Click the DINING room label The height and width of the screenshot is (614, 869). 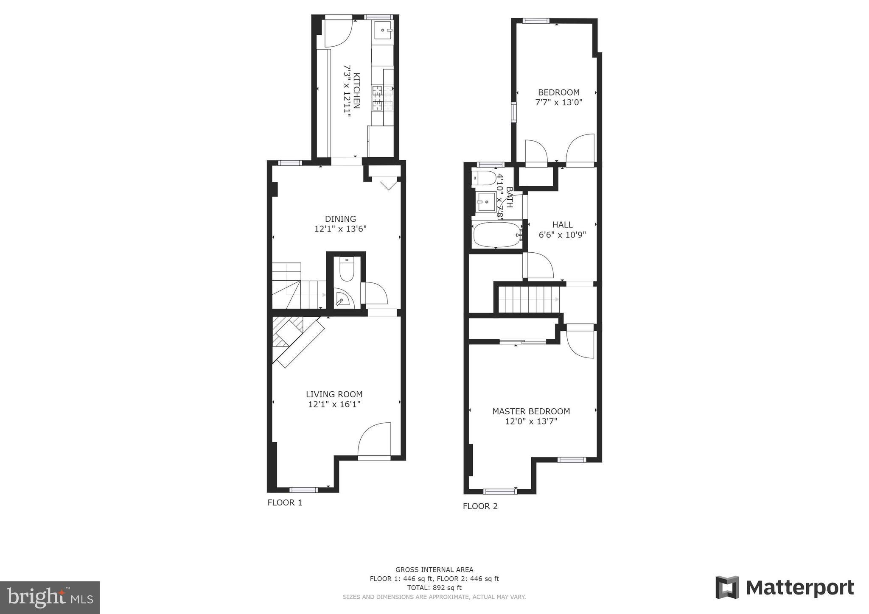click(x=340, y=219)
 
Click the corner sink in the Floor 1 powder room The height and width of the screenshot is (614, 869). click(x=342, y=299)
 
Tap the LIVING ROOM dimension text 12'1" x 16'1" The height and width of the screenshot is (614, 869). click(x=334, y=405)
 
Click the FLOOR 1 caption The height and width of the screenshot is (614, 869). click(x=285, y=503)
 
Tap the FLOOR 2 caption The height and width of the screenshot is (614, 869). click(x=480, y=506)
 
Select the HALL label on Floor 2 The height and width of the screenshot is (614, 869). click(x=562, y=225)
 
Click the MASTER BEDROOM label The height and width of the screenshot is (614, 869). click(x=531, y=411)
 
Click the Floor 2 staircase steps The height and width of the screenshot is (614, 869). click(x=529, y=299)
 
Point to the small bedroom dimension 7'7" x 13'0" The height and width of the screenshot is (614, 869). click(x=559, y=102)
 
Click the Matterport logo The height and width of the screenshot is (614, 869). click(x=785, y=588)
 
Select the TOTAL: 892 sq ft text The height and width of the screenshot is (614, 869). click(x=434, y=588)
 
